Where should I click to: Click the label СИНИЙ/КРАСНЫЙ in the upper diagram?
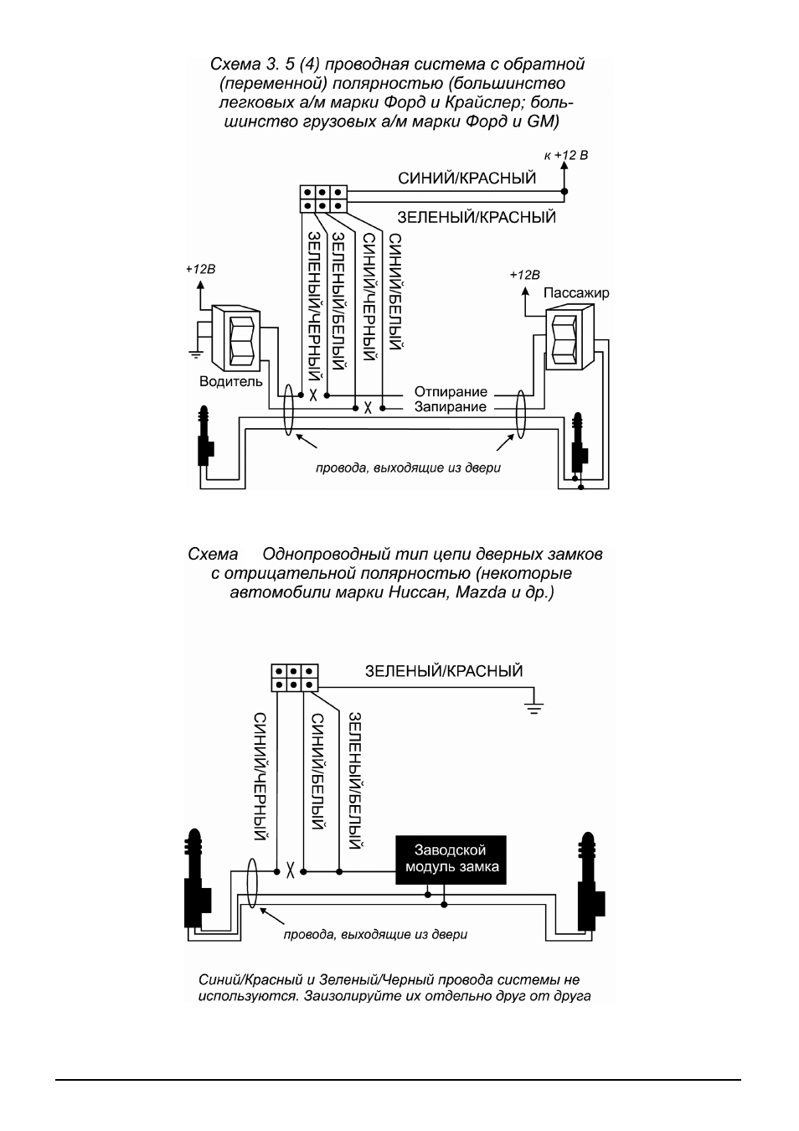[467, 178]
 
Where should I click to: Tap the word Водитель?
[231, 381]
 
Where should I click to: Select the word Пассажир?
[576, 293]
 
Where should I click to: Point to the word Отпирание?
[451, 392]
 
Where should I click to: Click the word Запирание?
[451, 407]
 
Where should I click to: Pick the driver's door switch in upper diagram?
[236, 338]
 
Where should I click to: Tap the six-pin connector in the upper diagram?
[323, 199]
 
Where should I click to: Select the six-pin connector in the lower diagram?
[295, 678]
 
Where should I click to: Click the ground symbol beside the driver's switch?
[196, 353]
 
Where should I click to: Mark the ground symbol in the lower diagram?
[534, 708]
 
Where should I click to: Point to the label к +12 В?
[566, 156]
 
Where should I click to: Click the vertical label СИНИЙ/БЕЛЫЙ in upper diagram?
[395, 292]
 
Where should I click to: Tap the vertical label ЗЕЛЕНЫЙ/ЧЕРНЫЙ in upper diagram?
[315, 306]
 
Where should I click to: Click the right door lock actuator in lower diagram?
[590, 881]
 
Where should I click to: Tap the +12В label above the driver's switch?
[200, 269]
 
